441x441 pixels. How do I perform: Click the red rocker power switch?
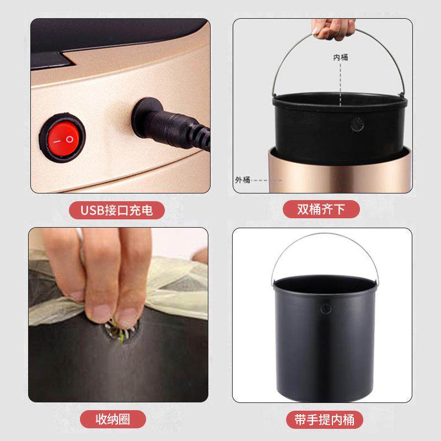(62, 138)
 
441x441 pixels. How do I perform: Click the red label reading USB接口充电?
(117, 210)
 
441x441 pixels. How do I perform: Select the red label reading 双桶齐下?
(321, 209)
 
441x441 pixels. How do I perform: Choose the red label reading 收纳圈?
(113, 419)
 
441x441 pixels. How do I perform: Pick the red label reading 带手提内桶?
(325, 420)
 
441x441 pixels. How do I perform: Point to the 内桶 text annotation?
(341, 57)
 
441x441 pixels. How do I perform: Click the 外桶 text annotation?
(243, 180)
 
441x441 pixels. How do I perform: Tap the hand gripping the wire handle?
(334, 29)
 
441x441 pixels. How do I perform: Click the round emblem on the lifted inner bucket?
(357, 125)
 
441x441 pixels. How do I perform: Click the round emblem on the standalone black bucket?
(326, 309)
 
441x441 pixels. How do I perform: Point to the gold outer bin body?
(340, 171)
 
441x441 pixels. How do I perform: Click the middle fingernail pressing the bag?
(101, 313)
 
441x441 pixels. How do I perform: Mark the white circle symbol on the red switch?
(69, 139)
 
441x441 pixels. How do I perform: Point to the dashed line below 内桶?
(340, 85)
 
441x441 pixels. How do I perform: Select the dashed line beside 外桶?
(266, 180)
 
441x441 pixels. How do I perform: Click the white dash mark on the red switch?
(57, 142)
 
